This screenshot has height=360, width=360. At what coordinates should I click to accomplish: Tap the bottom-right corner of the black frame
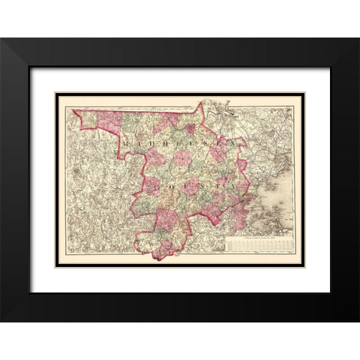pos(358,322)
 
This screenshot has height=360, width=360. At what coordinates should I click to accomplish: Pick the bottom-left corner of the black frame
pos(1,322)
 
